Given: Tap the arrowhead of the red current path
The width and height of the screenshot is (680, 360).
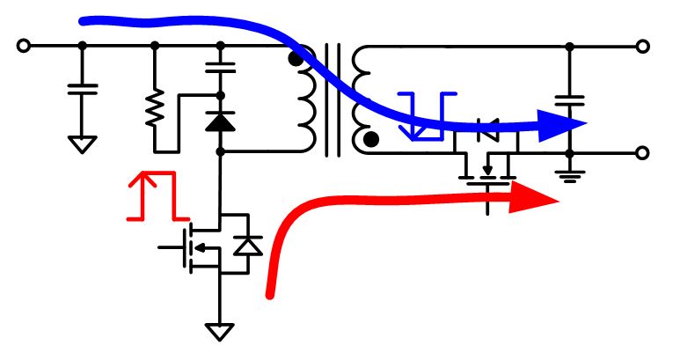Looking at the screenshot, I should pyautogui.click(x=539, y=199).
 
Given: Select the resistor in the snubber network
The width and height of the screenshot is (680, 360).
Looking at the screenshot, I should pyautogui.click(x=155, y=109).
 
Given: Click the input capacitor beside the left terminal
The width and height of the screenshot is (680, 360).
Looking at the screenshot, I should pyautogui.click(x=82, y=88).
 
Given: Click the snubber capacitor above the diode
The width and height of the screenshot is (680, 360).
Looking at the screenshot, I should pyautogui.click(x=221, y=66).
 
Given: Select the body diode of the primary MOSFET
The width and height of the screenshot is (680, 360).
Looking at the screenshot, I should pyautogui.click(x=251, y=246).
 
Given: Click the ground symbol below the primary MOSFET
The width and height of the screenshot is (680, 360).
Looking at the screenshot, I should pyautogui.click(x=220, y=331).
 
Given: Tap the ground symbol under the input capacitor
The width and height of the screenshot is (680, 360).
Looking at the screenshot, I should pyautogui.click(x=82, y=143).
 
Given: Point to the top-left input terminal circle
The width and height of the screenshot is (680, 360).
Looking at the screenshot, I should pyautogui.click(x=24, y=45).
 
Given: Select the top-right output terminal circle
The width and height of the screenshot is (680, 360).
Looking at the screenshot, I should pyautogui.click(x=643, y=45).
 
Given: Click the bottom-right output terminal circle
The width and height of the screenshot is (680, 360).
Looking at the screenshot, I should pyautogui.click(x=643, y=152).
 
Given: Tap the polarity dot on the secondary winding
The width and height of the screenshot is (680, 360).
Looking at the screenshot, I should pyautogui.click(x=372, y=138).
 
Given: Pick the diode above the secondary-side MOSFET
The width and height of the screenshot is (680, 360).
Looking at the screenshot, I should pyautogui.click(x=485, y=134).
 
